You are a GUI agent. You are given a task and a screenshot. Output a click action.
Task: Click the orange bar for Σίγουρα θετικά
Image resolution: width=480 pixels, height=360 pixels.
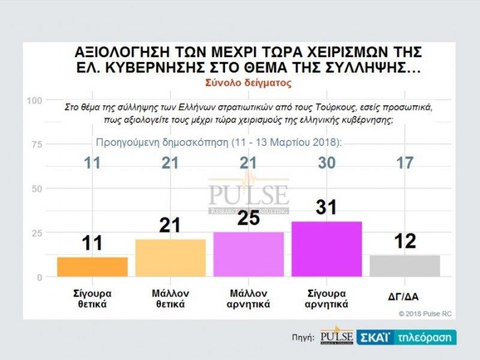coord(92,267)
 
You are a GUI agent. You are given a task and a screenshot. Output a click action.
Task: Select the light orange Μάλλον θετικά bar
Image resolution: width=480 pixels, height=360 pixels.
coord(170,258)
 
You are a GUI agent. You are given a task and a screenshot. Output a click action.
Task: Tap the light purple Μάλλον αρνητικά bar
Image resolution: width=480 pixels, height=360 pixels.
coord(248,254)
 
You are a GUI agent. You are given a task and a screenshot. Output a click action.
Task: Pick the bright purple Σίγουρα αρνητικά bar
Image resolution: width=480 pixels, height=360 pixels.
coord(326,249)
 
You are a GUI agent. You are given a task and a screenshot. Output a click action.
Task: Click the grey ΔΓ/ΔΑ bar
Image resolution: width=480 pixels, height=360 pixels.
coord(404,266)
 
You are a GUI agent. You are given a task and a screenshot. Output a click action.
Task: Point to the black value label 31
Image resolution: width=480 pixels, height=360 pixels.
coord(326,208)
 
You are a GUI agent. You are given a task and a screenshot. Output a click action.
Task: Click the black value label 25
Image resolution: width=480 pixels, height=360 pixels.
coord(248,218)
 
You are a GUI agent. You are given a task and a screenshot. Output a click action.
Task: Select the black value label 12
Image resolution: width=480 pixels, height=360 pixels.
coord(404,241)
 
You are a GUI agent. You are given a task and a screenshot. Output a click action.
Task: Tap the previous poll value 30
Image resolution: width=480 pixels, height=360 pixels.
coord(326,163)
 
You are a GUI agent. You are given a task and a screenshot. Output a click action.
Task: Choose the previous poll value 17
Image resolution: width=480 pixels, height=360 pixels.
coord(404,163)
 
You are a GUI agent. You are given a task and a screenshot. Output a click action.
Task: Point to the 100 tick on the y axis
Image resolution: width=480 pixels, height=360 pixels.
coord(34,100)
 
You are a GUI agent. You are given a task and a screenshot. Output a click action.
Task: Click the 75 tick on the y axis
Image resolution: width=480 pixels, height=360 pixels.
coord(37,145)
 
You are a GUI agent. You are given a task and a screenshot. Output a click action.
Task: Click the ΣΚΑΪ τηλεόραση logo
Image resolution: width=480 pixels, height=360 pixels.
coord(407,337)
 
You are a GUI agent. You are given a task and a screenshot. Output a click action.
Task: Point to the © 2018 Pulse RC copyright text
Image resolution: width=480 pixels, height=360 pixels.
coord(424,313)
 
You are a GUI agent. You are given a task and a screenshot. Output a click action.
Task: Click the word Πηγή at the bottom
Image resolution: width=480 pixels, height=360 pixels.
coord(303,338)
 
